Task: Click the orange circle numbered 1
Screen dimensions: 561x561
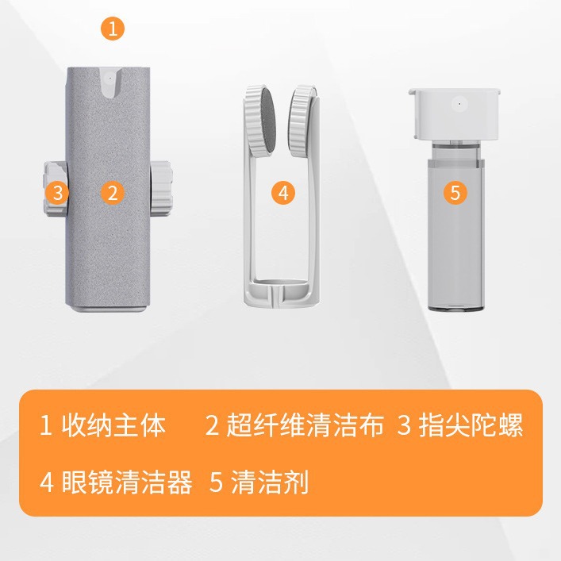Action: (x=113, y=29)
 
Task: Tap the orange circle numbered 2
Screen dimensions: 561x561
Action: (x=113, y=192)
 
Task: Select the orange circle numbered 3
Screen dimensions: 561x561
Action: (x=56, y=192)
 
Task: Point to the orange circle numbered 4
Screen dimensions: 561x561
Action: (x=283, y=192)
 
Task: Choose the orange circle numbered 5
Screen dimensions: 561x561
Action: (x=454, y=192)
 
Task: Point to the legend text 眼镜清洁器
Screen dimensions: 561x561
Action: (x=128, y=482)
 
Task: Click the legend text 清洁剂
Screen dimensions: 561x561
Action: (x=270, y=482)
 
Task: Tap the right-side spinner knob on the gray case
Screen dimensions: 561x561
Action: (x=161, y=190)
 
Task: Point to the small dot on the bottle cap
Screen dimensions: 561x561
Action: (x=457, y=102)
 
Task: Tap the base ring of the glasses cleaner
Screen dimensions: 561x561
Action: (x=282, y=295)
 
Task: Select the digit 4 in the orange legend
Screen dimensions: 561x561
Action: (x=46, y=482)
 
